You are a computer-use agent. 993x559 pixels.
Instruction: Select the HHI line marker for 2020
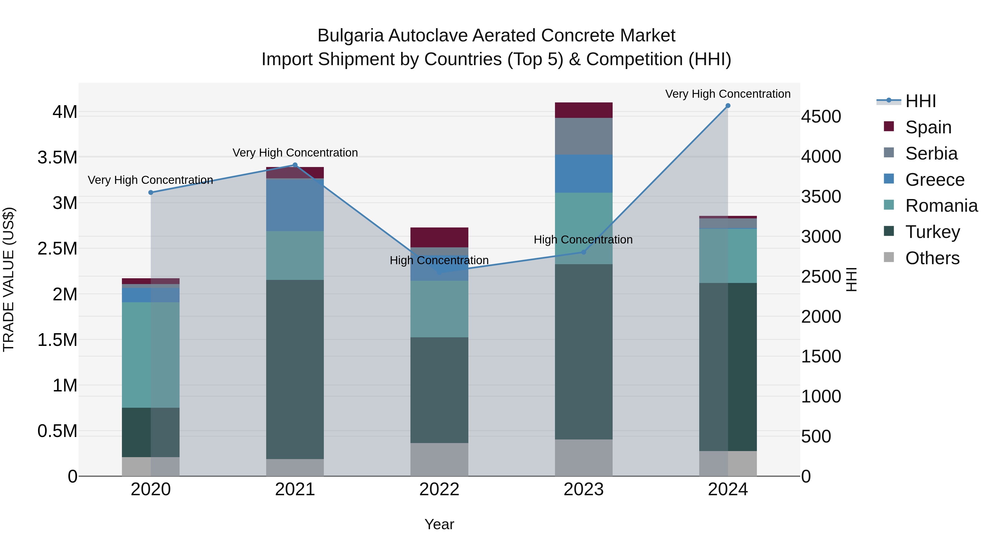coord(151,192)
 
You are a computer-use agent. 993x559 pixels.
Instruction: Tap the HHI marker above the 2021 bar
coord(295,165)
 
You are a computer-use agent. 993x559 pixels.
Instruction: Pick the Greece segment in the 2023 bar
coord(583,174)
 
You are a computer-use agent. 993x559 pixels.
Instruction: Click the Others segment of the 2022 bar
coord(439,459)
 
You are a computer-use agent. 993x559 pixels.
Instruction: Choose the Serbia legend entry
coord(931,153)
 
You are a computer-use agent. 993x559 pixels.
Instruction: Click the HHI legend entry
coord(920,101)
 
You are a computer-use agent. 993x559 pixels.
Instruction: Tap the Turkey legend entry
coord(933,232)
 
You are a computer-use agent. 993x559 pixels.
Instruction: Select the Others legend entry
coord(932,258)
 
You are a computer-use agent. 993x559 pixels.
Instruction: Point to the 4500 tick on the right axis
coord(821,116)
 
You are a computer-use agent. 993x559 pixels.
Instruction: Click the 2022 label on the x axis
coord(439,489)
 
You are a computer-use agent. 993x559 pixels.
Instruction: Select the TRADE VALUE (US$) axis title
coord(9,279)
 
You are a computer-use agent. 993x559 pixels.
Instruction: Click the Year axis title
coord(439,524)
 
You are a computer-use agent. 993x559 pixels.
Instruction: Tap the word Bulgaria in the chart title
coord(350,36)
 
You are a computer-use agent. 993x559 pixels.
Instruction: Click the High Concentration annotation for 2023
coord(583,240)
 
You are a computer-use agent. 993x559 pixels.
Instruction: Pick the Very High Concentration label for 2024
coord(727,94)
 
